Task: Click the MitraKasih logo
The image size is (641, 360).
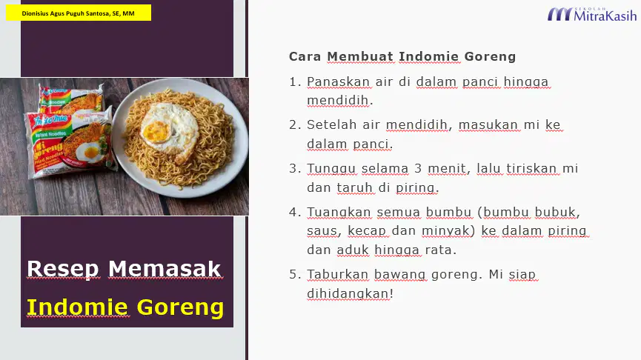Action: pos(592,14)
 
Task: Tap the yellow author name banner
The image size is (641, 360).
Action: pos(79,13)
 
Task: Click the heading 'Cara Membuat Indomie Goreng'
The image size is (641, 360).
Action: pos(402,56)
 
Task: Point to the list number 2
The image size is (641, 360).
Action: pos(295,124)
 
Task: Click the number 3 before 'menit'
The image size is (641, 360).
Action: pos(418,168)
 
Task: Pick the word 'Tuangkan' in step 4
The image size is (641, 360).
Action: pos(339,213)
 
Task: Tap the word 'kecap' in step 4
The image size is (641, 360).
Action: pos(367,231)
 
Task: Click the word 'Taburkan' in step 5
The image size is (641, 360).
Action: pos(338,274)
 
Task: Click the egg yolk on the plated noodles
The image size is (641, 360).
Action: pos(156,132)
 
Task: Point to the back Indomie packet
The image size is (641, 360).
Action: pos(70,98)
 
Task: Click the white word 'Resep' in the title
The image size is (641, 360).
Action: pos(63,269)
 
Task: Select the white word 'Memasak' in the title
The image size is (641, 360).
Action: pos(165,269)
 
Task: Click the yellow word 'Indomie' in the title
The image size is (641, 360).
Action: pos(77,307)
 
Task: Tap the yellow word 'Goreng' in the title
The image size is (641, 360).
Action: pos(180,308)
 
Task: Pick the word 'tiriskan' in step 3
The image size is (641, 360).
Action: pos(531,168)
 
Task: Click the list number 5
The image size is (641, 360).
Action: pos(295,274)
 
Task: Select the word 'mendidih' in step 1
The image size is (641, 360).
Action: pos(338,101)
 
